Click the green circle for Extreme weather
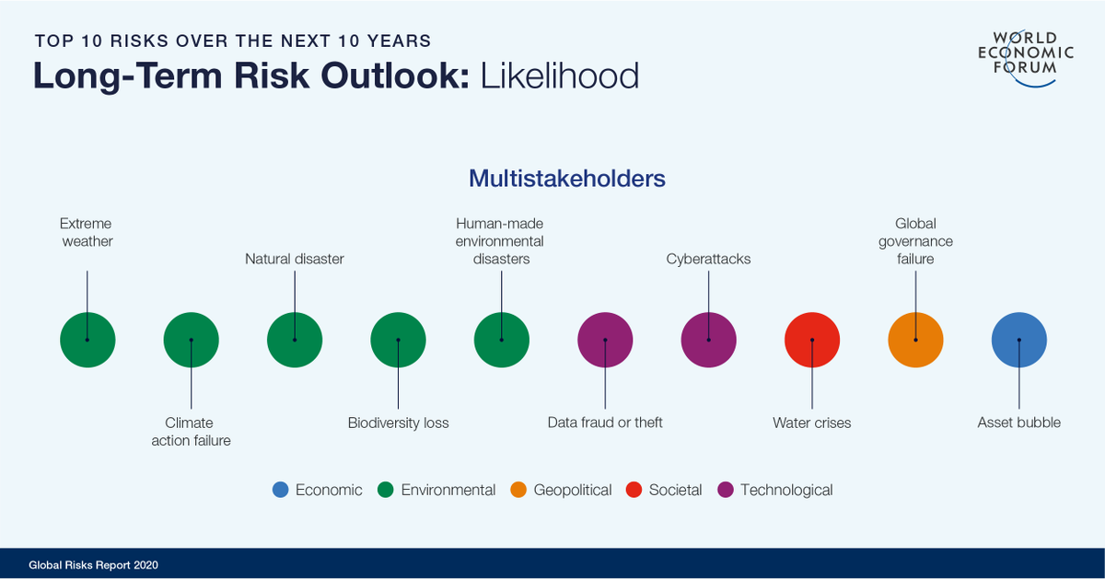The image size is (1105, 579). click(x=87, y=340)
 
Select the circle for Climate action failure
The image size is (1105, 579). click(x=191, y=340)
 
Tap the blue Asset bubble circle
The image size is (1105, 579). click(x=1018, y=340)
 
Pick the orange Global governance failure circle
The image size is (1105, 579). click(x=915, y=340)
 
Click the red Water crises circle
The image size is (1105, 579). click(x=811, y=340)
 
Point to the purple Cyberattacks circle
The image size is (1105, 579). click(x=708, y=340)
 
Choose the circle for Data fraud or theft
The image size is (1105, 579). click(x=605, y=340)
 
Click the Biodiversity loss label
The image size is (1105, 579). click(x=398, y=423)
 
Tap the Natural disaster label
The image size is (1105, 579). click(x=294, y=260)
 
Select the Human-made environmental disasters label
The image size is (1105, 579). click(x=500, y=241)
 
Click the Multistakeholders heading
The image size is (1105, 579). click(x=566, y=178)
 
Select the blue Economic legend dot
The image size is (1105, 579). click(x=281, y=490)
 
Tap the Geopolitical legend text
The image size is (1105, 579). click(x=572, y=491)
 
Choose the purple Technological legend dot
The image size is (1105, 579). click(x=726, y=490)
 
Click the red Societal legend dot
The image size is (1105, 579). click(x=634, y=490)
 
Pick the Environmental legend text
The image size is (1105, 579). click(x=448, y=491)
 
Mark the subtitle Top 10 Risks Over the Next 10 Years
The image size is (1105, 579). click(x=233, y=41)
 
